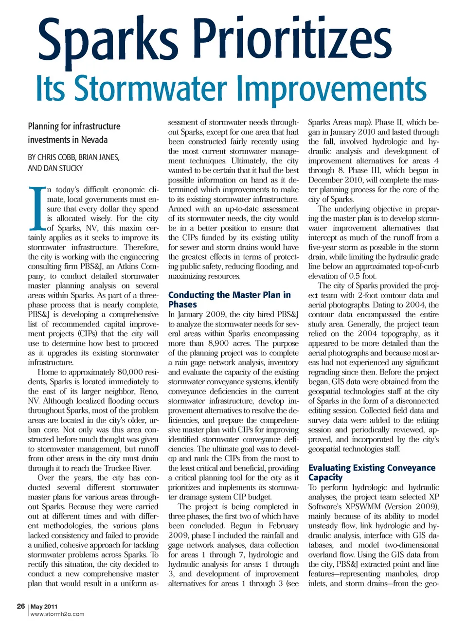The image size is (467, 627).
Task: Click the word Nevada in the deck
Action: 94,140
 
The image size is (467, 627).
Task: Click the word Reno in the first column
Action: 149,392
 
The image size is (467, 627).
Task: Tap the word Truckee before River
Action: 118,468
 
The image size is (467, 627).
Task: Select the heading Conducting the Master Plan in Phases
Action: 229,299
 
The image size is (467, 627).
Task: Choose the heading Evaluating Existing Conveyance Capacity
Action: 372,472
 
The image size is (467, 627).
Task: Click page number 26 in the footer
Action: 21,606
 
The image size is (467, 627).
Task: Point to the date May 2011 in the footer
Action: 44,607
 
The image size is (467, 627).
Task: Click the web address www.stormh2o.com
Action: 57,614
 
